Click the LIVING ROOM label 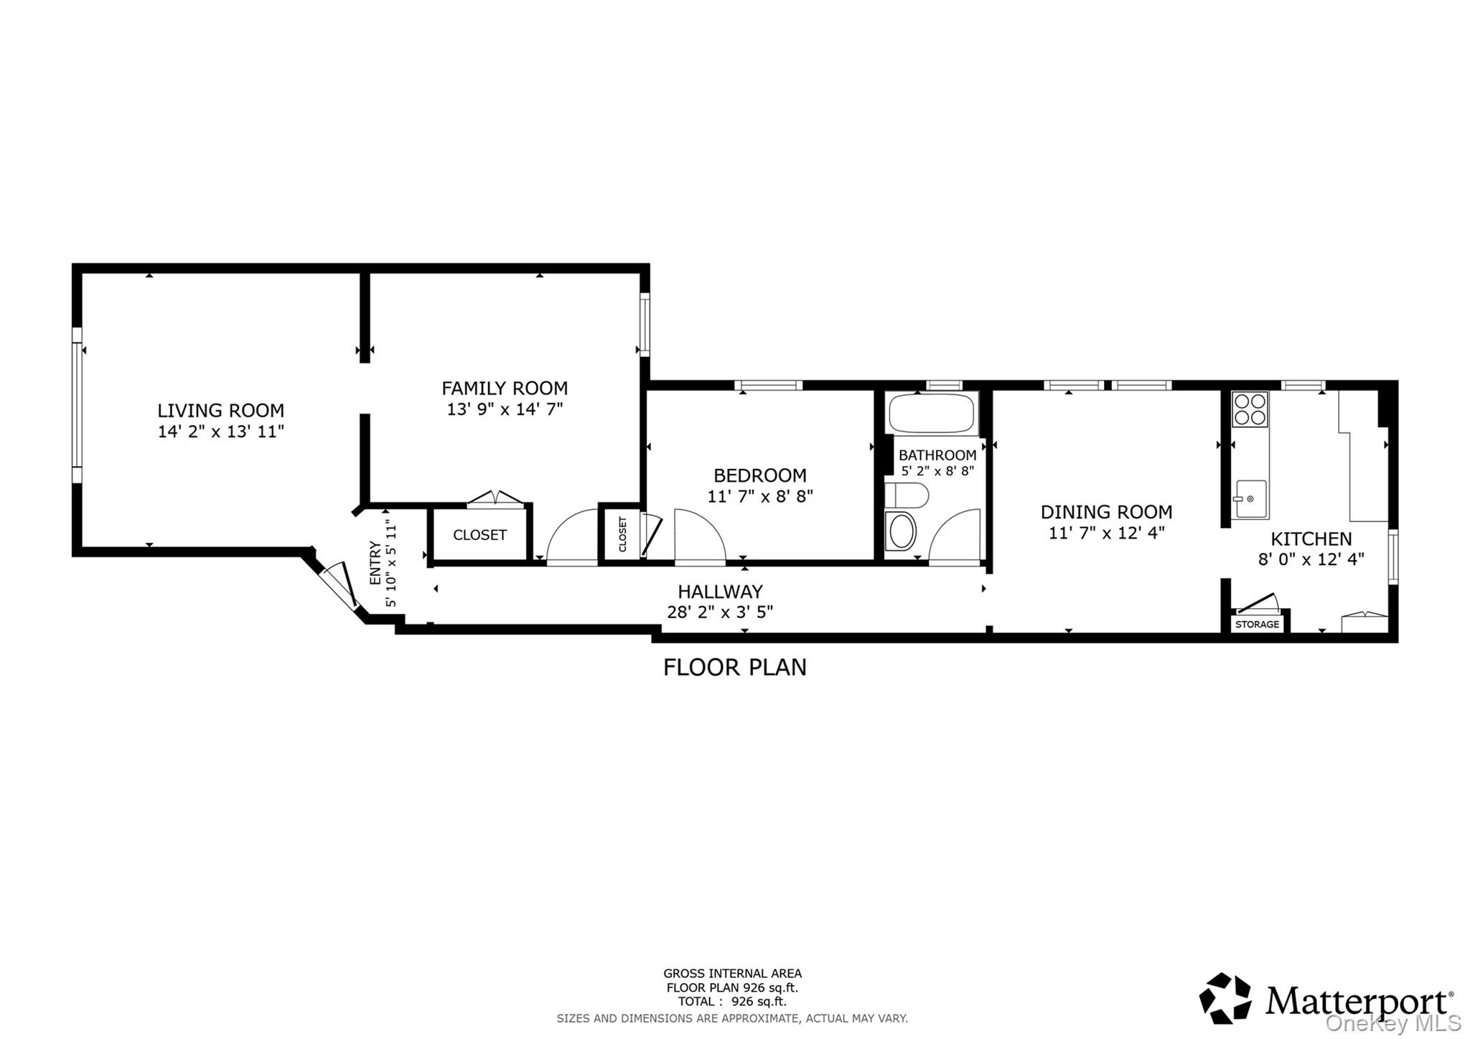[220, 411]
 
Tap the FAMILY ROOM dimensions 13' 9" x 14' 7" [505, 409]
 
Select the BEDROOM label [759, 475]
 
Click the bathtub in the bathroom [931, 413]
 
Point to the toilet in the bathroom [906, 495]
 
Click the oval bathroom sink [902, 532]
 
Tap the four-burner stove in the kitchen [1250, 409]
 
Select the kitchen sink [1250, 499]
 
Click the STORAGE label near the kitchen [1257, 624]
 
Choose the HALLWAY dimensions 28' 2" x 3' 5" [719, 612]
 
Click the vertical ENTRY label [375, 562]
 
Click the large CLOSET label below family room [479, 535]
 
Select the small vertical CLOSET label [622, 534]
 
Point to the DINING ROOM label [1106, 512]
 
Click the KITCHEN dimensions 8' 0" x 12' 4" [1311, 559]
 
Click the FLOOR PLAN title [734, 667]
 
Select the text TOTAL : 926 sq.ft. [731, 1001]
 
